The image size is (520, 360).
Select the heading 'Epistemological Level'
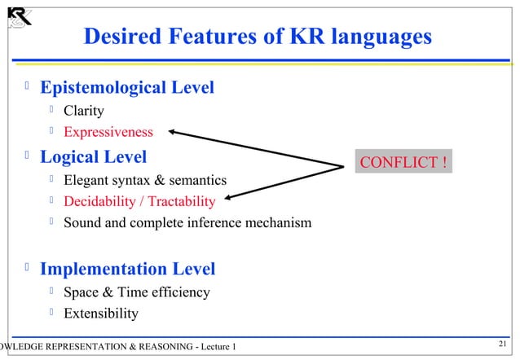127,87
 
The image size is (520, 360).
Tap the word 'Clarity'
84,111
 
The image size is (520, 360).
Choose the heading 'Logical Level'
94,156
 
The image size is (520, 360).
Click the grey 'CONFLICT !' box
403,162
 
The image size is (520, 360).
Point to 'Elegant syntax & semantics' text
145,179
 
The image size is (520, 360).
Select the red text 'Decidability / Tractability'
139,201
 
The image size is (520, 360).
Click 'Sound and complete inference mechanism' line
187,222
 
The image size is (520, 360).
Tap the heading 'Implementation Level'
128,268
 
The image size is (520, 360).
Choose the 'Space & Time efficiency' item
137,292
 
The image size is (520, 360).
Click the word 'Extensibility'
101,314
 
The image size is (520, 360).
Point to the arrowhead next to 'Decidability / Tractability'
230,196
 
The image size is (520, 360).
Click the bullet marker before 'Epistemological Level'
28,86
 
